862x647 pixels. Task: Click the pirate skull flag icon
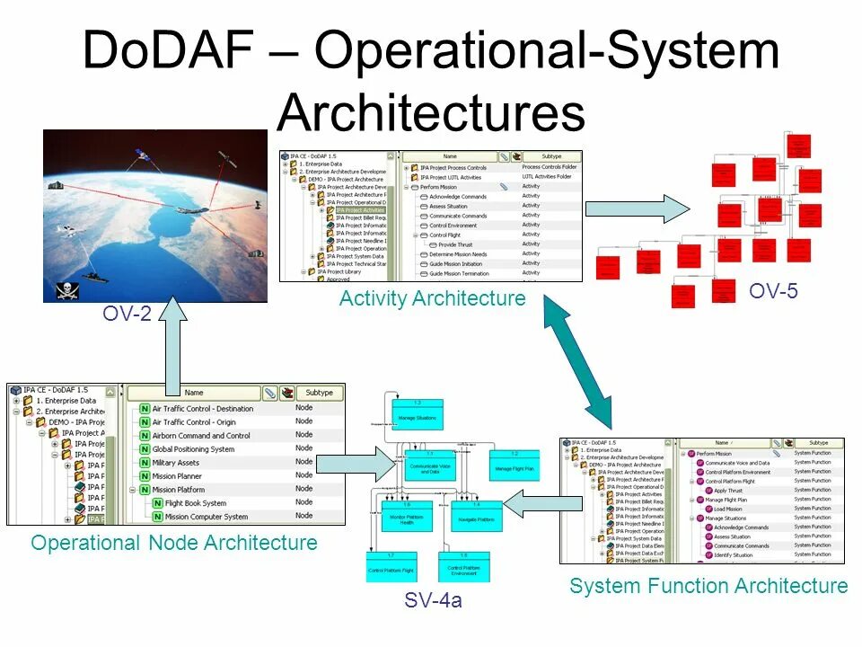[x=64, y=289]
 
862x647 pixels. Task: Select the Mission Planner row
[x=178, y=476]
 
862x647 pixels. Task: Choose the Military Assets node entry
[x=176, y=462]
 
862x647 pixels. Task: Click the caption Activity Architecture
[x=432, y=298]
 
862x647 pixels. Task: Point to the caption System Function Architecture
[x=708, y=586]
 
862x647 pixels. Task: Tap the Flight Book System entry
[x=195, y=503]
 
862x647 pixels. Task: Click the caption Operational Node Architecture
[x=174, y=543]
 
